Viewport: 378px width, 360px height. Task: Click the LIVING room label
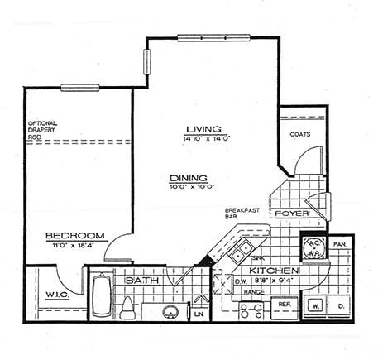203,129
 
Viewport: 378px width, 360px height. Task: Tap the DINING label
188,178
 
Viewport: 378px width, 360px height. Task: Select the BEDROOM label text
74,234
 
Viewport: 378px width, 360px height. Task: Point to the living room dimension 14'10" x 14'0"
203,139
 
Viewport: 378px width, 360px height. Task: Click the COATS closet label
299,133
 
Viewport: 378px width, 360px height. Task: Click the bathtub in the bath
100,296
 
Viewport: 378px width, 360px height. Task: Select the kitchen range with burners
251,311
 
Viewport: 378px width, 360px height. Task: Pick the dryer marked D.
340,305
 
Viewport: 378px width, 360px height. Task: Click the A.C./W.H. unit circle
313,246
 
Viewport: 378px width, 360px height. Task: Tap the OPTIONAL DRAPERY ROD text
45,129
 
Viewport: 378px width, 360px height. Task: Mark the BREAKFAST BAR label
242,215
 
